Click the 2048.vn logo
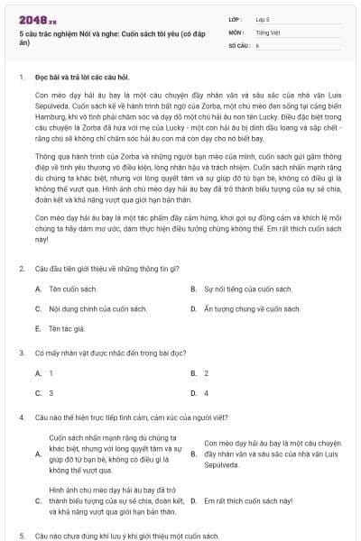pos(38,19)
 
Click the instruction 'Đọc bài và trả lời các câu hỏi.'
pos(89,78)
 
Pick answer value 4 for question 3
pos(207,393)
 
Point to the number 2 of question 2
pos(21,269)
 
